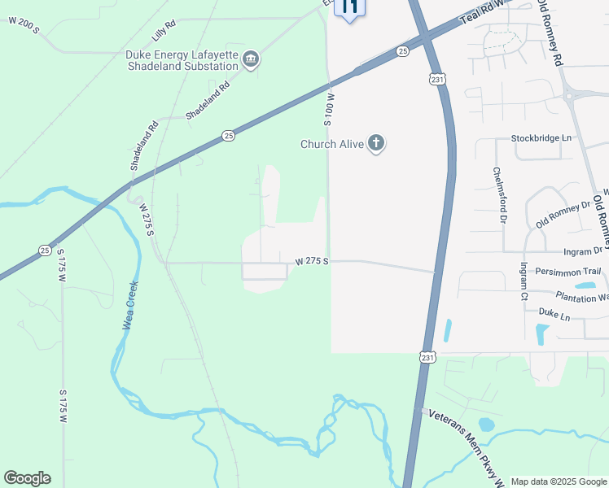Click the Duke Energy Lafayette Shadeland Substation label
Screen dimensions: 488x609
pyautogui.click(x=182, y=60)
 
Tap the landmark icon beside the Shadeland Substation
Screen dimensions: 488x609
pyautogui.click(x=251, y=59)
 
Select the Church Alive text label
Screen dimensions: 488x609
pyautogui.click(x=333, y=145)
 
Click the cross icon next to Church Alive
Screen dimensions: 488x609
pyautogui.click(x=375, y=144)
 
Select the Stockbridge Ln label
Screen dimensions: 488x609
pyautogui.click(x=541, y=138)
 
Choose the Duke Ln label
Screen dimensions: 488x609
pyautogui.click(x=554, y=312)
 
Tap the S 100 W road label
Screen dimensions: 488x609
pyautogui.click(x=330, y=108)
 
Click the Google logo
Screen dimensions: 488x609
pyautogui.click(x=27, y=478)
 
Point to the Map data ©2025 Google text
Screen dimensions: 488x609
pyautogui.click(x=559, y=481)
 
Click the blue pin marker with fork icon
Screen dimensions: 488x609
pyautogui.click(x=350, y=8)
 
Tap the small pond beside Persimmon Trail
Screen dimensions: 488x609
pyautogui.click(x=584, y=285)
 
